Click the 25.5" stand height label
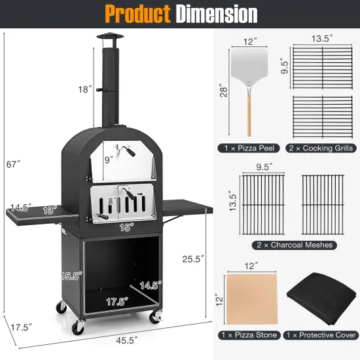coord(191,259)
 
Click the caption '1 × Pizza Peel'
coord(249,148)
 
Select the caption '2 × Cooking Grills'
coord(321,148)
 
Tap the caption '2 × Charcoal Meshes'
coord(287,245)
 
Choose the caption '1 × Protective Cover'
coord(321,334)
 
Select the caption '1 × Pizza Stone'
coord(249,334)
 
